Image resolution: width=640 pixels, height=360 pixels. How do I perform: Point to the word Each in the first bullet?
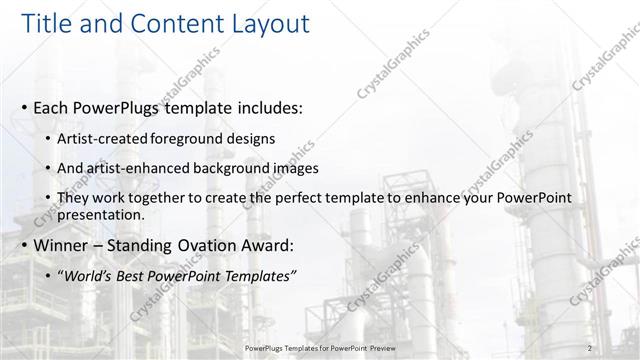click(51, 107)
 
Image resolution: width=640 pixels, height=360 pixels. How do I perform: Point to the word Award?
click(266, 245)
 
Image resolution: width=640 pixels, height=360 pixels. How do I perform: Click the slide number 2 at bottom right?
click(590, 345)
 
